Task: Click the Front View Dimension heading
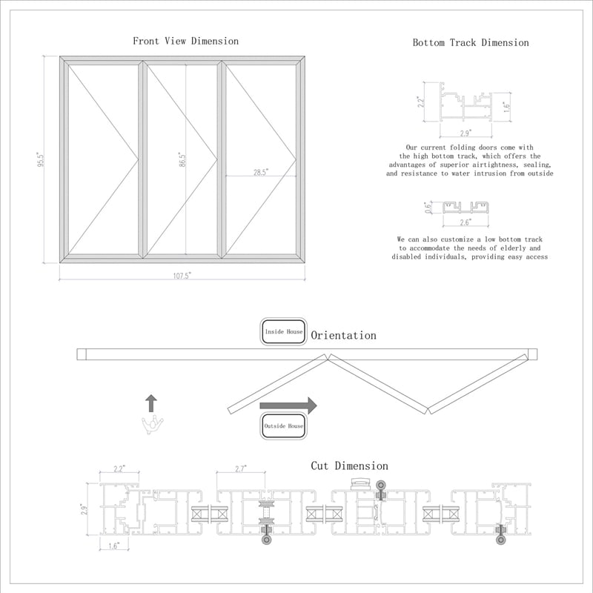tap(185, 41)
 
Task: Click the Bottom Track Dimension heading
tap(471, 43)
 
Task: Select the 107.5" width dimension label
tap(182, 275)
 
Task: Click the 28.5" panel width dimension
tap(260, 172)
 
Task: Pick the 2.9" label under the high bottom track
tap(465, 133)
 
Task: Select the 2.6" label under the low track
tap(465, 222)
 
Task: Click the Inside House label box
tap(284, 332)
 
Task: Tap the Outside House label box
tap(284, 426)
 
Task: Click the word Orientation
tap(343, 336)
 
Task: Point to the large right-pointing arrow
tap(288, 405)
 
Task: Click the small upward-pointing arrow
tap(151, 403)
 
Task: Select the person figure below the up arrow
tap(152, 425)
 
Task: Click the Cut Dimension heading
tap(349, 466)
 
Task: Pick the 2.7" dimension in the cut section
tap(240, 469)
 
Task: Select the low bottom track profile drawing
tap(465, 207)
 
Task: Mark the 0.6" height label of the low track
tap(428, 207)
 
